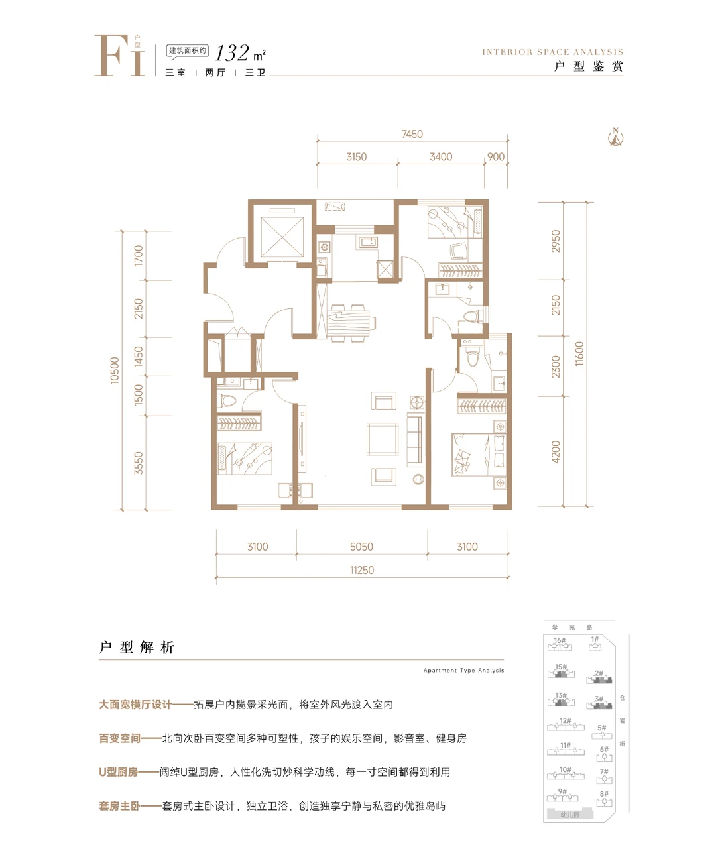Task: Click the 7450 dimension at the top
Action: [412, 134]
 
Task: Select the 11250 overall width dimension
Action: [362, 570]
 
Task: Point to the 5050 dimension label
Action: [361, 547]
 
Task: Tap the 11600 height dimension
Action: [580, 354]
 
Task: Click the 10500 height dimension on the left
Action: [115, 370]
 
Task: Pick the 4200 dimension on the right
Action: [556, 452]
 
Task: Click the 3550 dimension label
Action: [139, 463]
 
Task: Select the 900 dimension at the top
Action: [495, 157]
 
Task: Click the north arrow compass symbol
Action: [616, 137]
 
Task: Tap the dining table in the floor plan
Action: [349, 323]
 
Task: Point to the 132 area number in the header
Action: [233, 52]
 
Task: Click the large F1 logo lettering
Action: [119, 56]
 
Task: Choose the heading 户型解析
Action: [137, 648]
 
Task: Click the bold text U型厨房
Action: [119, 772]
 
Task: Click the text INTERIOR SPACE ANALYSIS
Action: [552, 52]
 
